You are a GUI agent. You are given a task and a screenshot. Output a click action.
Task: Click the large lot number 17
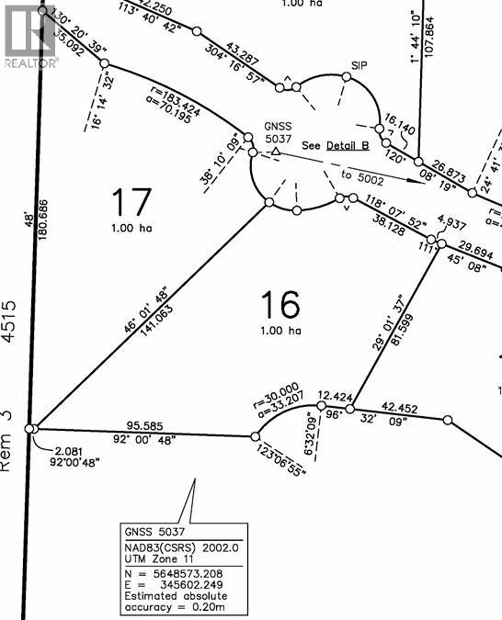(130, 200)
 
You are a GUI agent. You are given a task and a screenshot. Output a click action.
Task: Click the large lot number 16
(280, 304)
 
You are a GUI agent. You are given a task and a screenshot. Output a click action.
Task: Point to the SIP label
(359, 66)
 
